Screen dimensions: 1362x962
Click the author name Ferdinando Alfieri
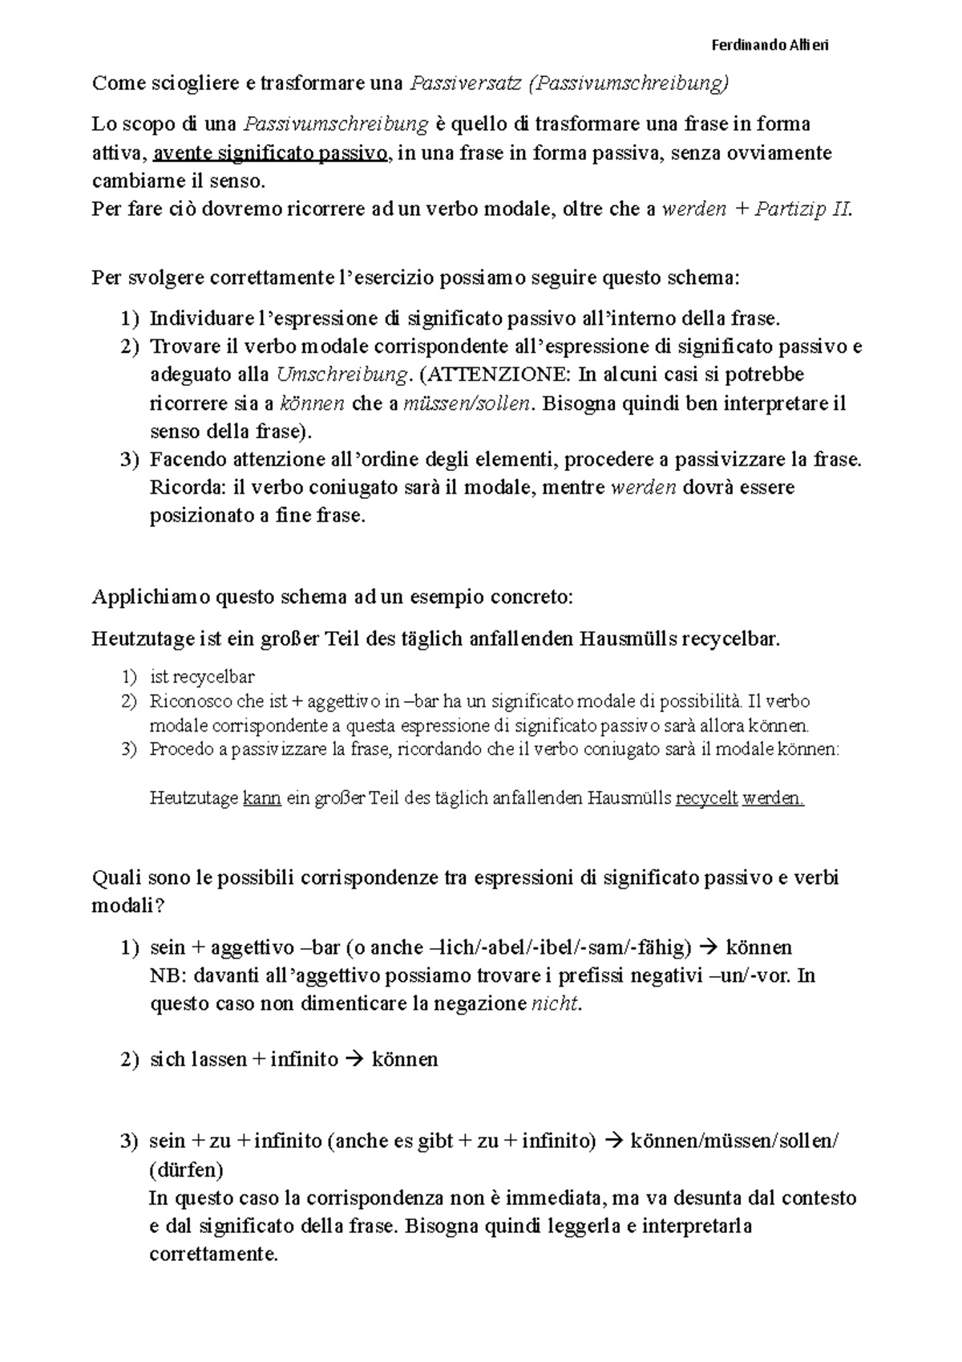pyautogui.click(x=770, y=45)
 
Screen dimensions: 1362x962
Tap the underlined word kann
pyautogui.click(x=261, y=799)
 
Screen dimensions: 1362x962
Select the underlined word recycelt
pyautogui.click(x=706, y=799)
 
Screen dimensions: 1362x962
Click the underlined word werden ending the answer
pyautogui.click(x=773, y=799)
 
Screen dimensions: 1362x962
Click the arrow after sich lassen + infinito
pyautogui.click(x=354, y=1060)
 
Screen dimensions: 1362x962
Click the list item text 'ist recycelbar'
pyautogui.click(x=202, y=676)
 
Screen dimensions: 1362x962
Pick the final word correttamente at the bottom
pyautogui.click(x=213, y=1255)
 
